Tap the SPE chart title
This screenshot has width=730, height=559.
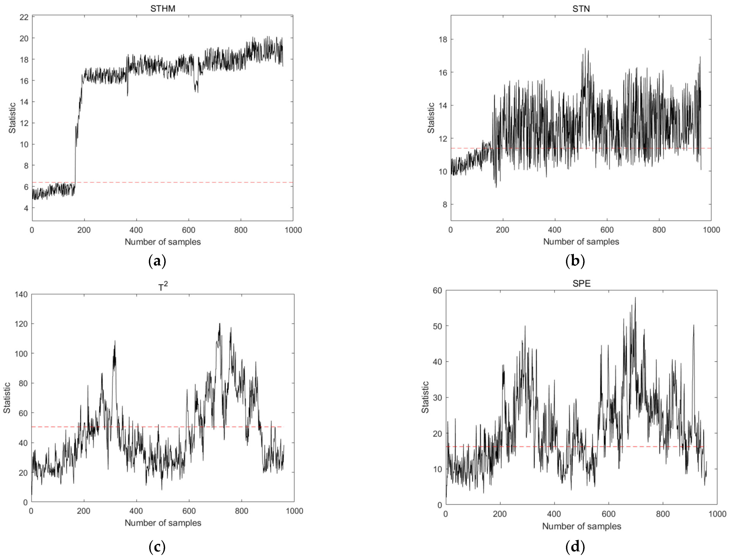click(581, 283)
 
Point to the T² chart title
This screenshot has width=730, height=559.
click(163, 287)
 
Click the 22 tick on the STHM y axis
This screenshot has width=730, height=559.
click(24, 17)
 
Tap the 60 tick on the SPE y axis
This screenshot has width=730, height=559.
click(437, 291)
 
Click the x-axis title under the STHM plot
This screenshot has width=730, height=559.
click(163, 242)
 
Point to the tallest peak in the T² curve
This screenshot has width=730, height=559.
click(219, 323)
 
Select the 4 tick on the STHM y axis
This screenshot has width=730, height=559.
click(26, 208)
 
